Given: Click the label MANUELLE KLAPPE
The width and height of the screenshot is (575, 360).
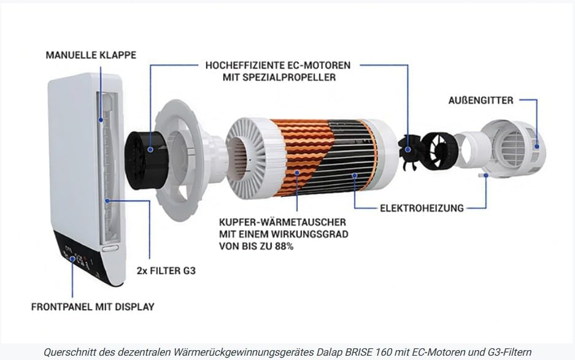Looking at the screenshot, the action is [x=91, y=55].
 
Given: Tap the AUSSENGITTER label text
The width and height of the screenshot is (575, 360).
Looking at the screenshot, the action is [x=480, y=101].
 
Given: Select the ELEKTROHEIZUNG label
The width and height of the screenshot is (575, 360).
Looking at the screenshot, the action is [x=422, y=209].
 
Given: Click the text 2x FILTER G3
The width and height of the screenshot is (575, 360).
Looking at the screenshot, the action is [x=166, y=271].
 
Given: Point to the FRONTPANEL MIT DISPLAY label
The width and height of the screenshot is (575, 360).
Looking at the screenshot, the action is [x=93, y=307].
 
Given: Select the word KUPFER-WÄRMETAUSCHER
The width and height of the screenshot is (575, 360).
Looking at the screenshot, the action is [x=282, y=222].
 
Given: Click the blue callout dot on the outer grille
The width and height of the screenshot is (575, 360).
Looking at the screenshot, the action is [x=537, y=146].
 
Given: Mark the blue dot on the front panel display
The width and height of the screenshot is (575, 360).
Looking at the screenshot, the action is [x=72, y=259].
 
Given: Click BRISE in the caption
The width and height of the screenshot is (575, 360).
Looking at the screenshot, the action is [x=360, y=352].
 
